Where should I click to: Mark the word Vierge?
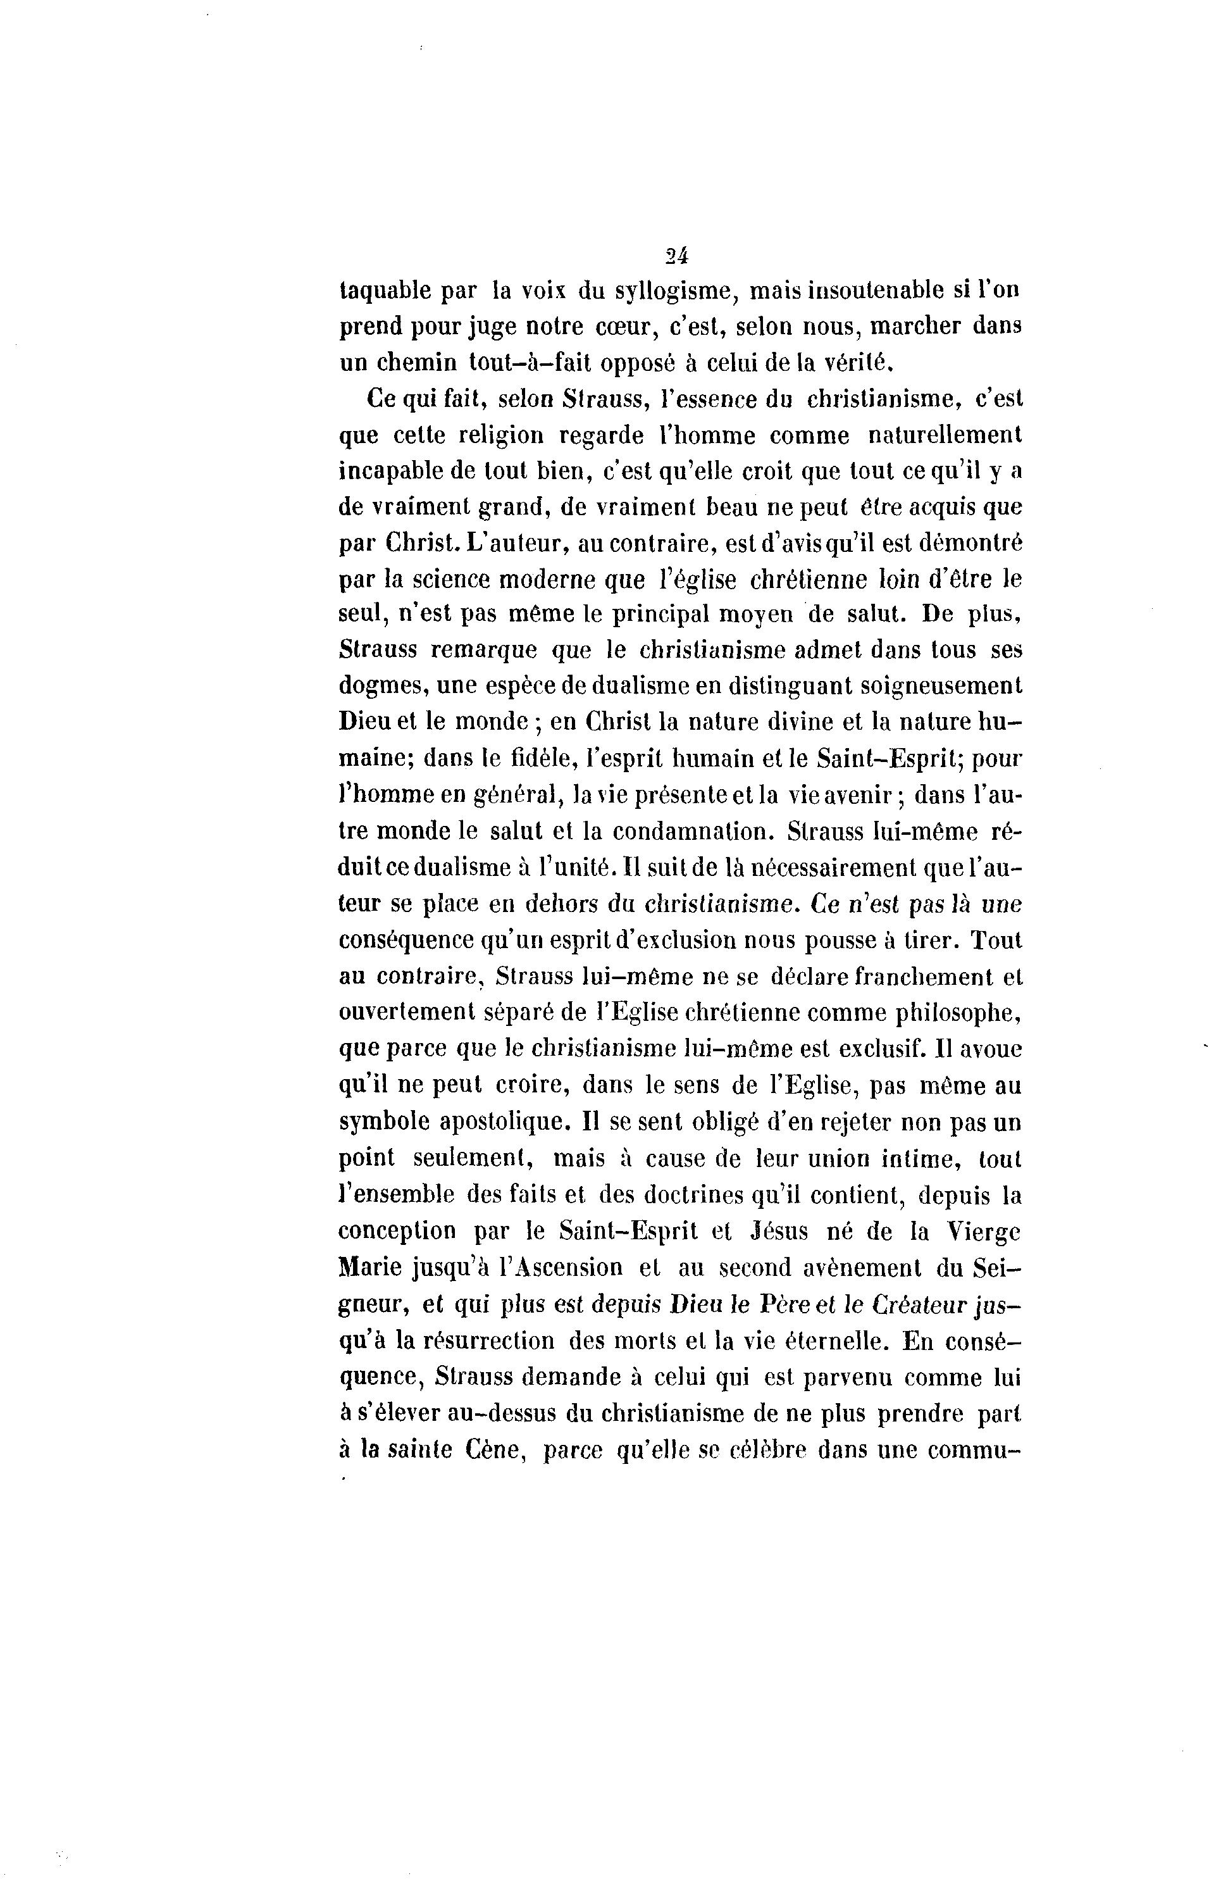click(x=983, y=1231)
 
